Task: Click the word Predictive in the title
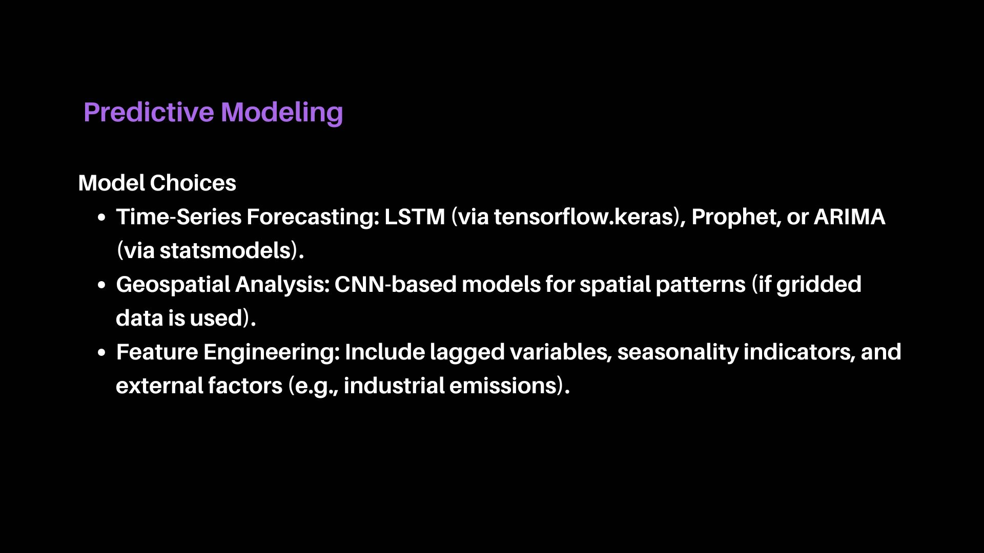click(x=149, y=112)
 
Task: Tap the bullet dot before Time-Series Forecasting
click(x=101, y=218)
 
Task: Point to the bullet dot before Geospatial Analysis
click(x=101, y=285)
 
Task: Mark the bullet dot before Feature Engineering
click(x=101, y=353)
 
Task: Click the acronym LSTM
click(x=415, y=217)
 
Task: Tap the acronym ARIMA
click(x=850, y=217)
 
